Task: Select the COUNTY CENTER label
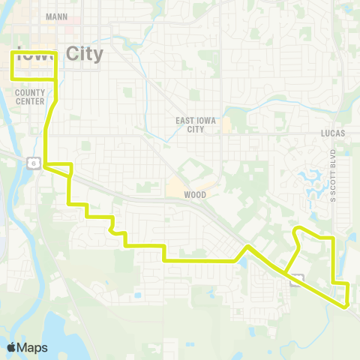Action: click(30, 95)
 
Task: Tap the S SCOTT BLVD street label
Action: click(333, 176)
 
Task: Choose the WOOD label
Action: click(194, 194)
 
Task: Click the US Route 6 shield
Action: click(34, 163)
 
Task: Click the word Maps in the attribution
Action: click(33, 347)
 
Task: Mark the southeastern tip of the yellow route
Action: click(346, 306)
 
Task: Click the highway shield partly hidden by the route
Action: click(298, 280)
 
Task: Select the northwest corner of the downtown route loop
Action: click(11, 52)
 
